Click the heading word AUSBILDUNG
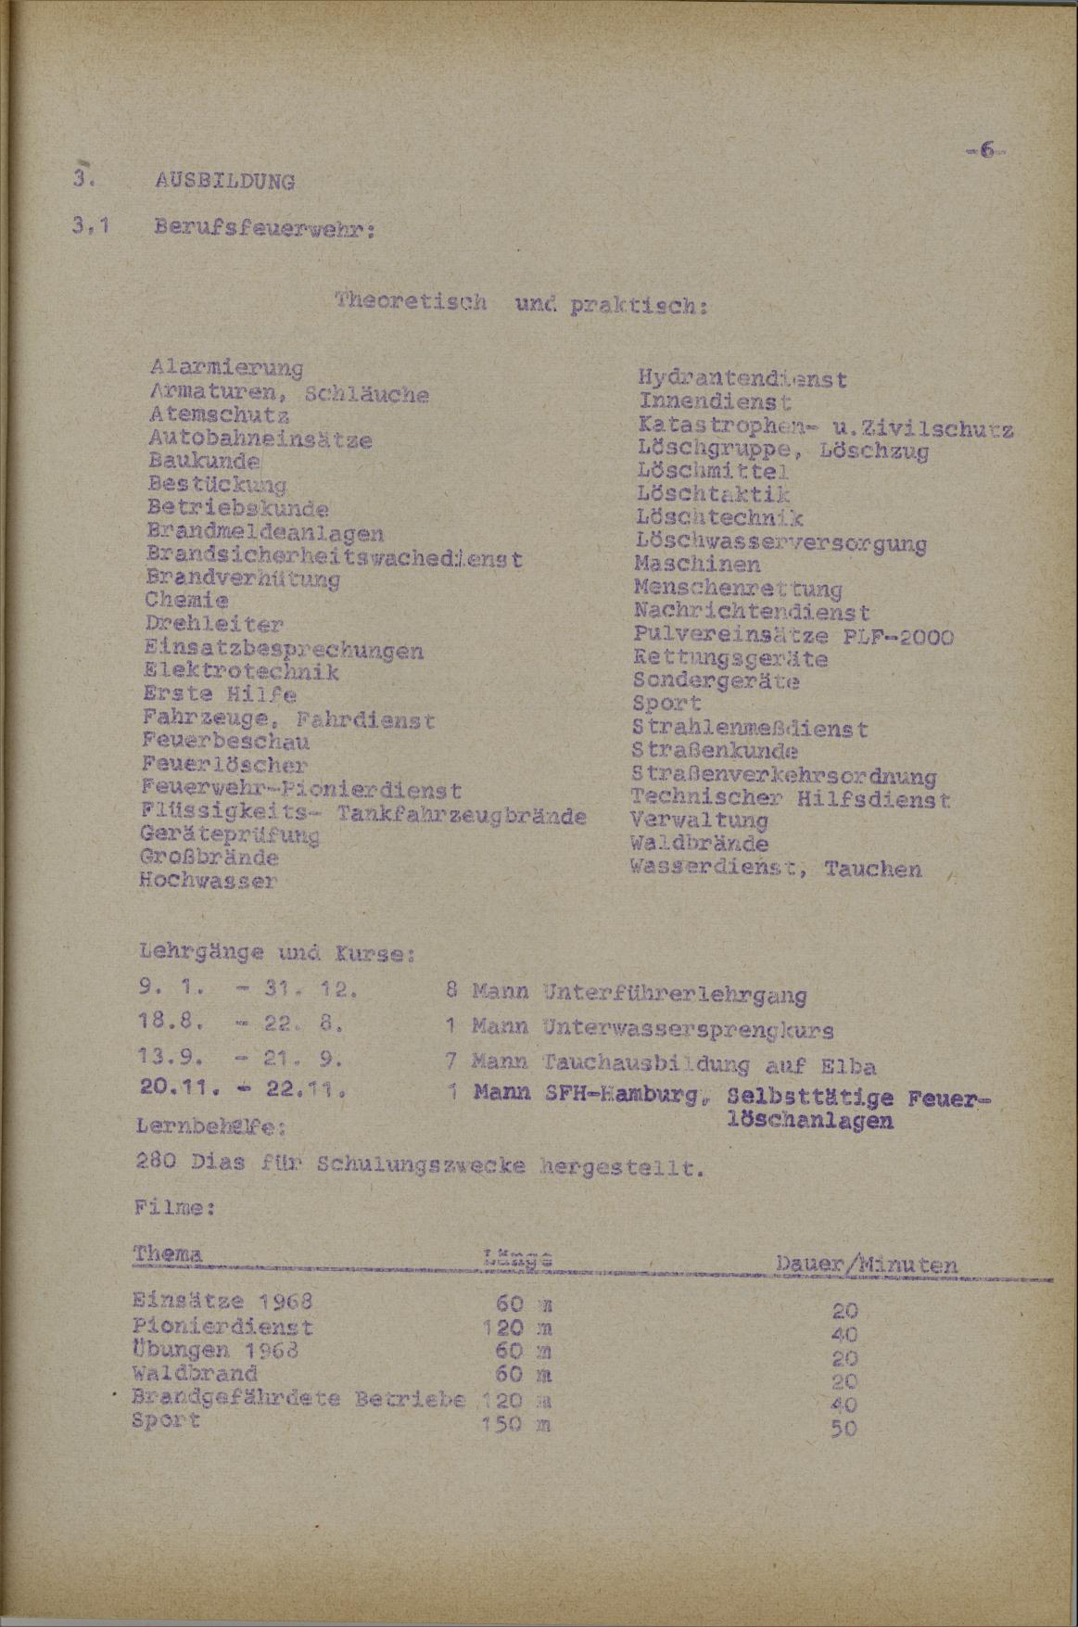tap(225, 182)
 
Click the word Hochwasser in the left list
tap(208, 881)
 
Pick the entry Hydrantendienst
tap(742, 379)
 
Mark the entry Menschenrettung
tap(739, 589)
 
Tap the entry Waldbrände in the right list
tap(699, 845)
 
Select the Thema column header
tap(167, 1254)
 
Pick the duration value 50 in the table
tap(843, 1429)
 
